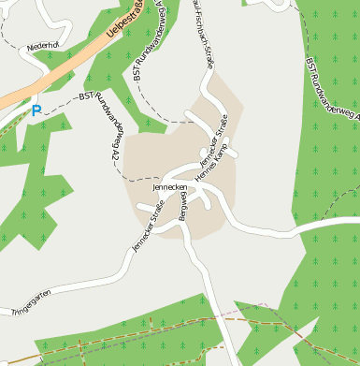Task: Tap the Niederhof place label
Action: (43, 45)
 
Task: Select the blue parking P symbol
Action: (36, 110)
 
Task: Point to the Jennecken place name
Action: (171, 188)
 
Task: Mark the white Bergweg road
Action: (211, 281)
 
